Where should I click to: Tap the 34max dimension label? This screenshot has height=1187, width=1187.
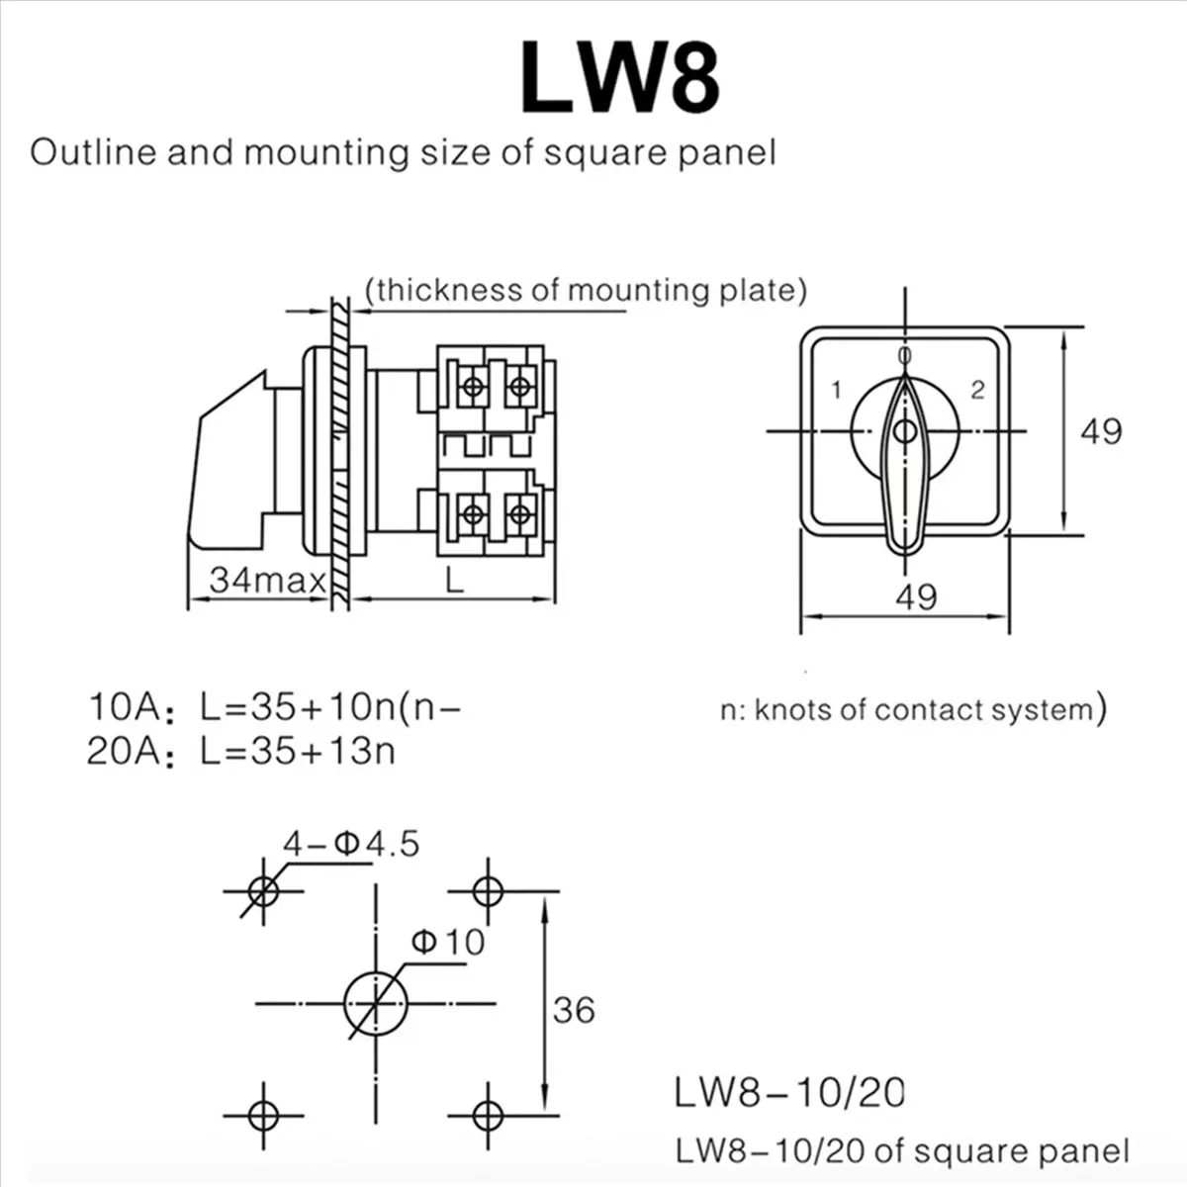click(x=267, y=579)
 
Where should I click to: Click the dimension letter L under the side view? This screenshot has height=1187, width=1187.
click(x=453, y=580)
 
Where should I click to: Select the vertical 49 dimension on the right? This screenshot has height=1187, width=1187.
click(x=1100, y=431)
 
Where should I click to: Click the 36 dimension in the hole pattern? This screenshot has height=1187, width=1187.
click(x=574, y=1010)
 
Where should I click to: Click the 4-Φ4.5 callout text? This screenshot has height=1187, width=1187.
click(x=351, y=844)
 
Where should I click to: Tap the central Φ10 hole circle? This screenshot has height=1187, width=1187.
click(x=375, y=1004)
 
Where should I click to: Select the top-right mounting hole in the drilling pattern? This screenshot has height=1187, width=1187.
click(x=487, y=891)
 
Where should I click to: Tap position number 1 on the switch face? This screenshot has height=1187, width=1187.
click(x=837, y=390)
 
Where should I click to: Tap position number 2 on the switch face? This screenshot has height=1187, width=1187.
click(x=977, y=390)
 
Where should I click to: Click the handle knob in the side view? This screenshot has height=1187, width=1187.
click(x=228, y=465)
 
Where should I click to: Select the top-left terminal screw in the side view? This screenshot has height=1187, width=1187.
click(x=474, y=386)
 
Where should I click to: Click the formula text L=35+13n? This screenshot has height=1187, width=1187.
click(x=297, y=752)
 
